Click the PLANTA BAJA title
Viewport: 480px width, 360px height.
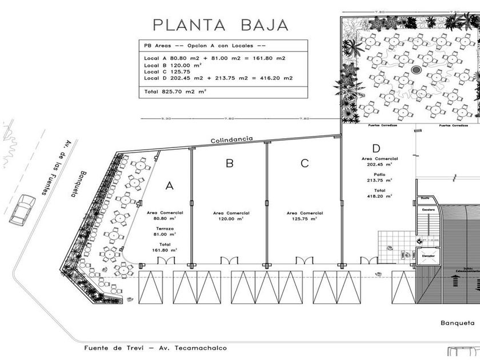pyautogui.click(x=220, y=25)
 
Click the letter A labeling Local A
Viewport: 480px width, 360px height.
pyautogui.click(x=169, y=186)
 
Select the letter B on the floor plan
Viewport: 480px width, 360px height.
pyautogui.click(x=229, y=163)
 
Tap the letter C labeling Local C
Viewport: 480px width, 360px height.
pyautogui.click(x=305, y=163)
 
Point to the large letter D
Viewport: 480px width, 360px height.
pyautogui.click(x=376, y=149)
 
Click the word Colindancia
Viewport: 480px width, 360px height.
pyautogui.click(x=231, y=139)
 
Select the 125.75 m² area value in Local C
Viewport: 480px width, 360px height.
pyautogui.click(x=304, y=218)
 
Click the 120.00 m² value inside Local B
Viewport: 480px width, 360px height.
pyautogui.click(x=230, y=218)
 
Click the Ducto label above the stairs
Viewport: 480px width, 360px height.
pyautogui.click(x=425, y=198)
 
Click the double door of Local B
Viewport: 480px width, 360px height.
pyautogui.click(x=229, y=261)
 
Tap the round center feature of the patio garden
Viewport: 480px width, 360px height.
pyautogui.click(x=415, y=70)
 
